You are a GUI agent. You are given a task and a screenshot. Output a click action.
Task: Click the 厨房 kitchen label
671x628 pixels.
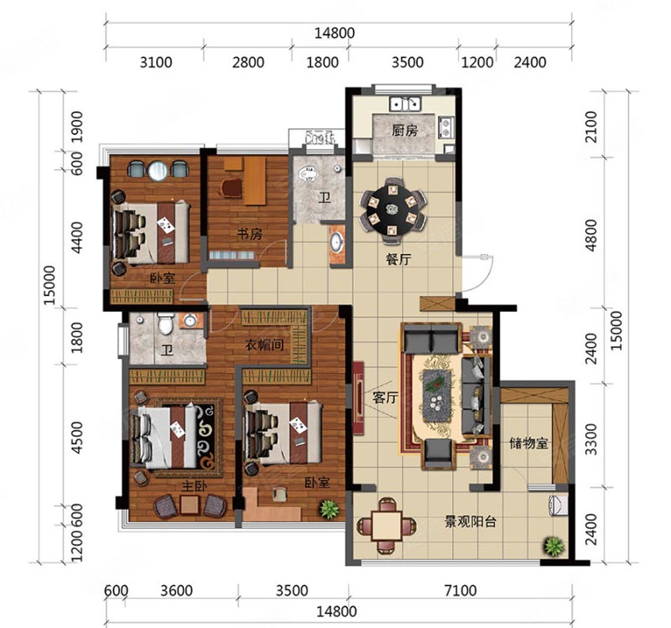[x=404, y=131]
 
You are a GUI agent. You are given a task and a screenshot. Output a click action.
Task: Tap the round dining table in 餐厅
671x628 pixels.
[x=393, y=209]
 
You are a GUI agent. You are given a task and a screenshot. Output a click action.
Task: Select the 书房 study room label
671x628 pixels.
[x=249, y=234]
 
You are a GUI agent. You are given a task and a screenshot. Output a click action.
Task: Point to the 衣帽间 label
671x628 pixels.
[x=264, y=345]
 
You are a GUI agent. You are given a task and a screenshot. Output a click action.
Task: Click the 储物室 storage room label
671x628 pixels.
[x=528, y=443]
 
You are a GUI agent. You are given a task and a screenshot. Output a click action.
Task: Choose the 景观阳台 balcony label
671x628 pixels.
[x=471, y=522]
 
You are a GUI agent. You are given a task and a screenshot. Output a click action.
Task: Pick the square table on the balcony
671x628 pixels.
[x=387, y=525]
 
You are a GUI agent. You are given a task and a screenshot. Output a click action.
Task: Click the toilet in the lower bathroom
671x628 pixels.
[x=165, y=324]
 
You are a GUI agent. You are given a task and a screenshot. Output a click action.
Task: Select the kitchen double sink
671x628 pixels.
[x=405, y=104]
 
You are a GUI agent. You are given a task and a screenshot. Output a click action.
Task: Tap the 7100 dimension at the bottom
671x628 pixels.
[x=460, y=591]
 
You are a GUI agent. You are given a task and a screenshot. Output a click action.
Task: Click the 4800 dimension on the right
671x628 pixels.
[x=591, y=235]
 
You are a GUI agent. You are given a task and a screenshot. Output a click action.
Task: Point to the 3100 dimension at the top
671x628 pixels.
[x=156, y=62]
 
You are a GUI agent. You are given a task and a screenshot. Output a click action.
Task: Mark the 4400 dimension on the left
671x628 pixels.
[x=77, y=237]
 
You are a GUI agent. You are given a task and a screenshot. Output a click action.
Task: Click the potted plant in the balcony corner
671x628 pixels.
[x=554, y=546]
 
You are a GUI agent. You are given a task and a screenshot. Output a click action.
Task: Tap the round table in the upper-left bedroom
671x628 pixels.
[x=158, y=170]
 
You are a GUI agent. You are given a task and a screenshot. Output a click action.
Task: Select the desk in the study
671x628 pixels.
[x=255, y=180]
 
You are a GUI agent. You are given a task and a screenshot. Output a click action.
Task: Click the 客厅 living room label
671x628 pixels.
[x=385, y=398]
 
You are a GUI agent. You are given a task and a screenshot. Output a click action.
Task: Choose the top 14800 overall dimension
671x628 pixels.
[x=335, y=33]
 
